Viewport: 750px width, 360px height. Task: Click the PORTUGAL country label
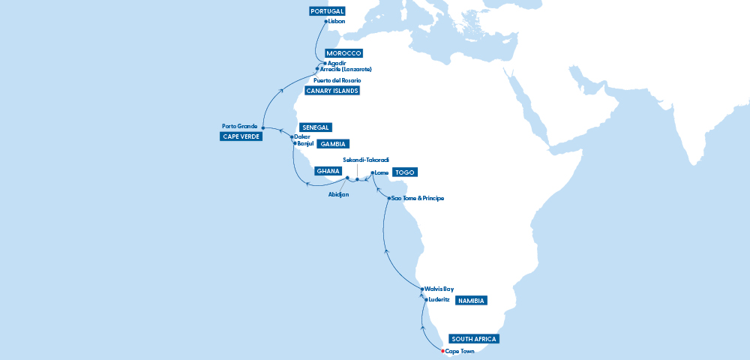click(x=327, y=11)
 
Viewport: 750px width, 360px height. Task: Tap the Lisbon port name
click(x=337, y=22)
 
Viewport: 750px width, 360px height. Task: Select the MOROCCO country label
click(x=344, y=53)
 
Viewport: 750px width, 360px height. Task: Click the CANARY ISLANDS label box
click(x=332, y=91)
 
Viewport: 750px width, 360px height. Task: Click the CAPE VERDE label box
click(x=239, y=136)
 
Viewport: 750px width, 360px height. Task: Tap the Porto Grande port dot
click(x=262, y=127)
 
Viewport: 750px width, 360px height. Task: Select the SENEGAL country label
click(x=315, y=127)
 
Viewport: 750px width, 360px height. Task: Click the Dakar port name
click(x=302, y=136)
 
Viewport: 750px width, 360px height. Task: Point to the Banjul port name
click(x=304, y=143)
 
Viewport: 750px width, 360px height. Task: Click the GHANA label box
click(x=328, y=171)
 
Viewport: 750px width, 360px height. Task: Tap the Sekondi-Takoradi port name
click(x=366, y=160)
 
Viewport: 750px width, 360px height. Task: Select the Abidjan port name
click(x=339, y=193)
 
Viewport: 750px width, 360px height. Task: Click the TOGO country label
click(x=405, y=172)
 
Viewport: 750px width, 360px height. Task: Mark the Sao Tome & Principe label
click(x=418, y=198)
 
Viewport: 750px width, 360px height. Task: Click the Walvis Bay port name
click(x=439, y=289)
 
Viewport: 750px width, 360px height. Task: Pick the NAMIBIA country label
click(x=472, y=301)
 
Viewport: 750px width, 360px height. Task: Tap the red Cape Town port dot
click(x=442, y=351)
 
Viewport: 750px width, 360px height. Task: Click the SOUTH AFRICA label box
click(x=474, y=338)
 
